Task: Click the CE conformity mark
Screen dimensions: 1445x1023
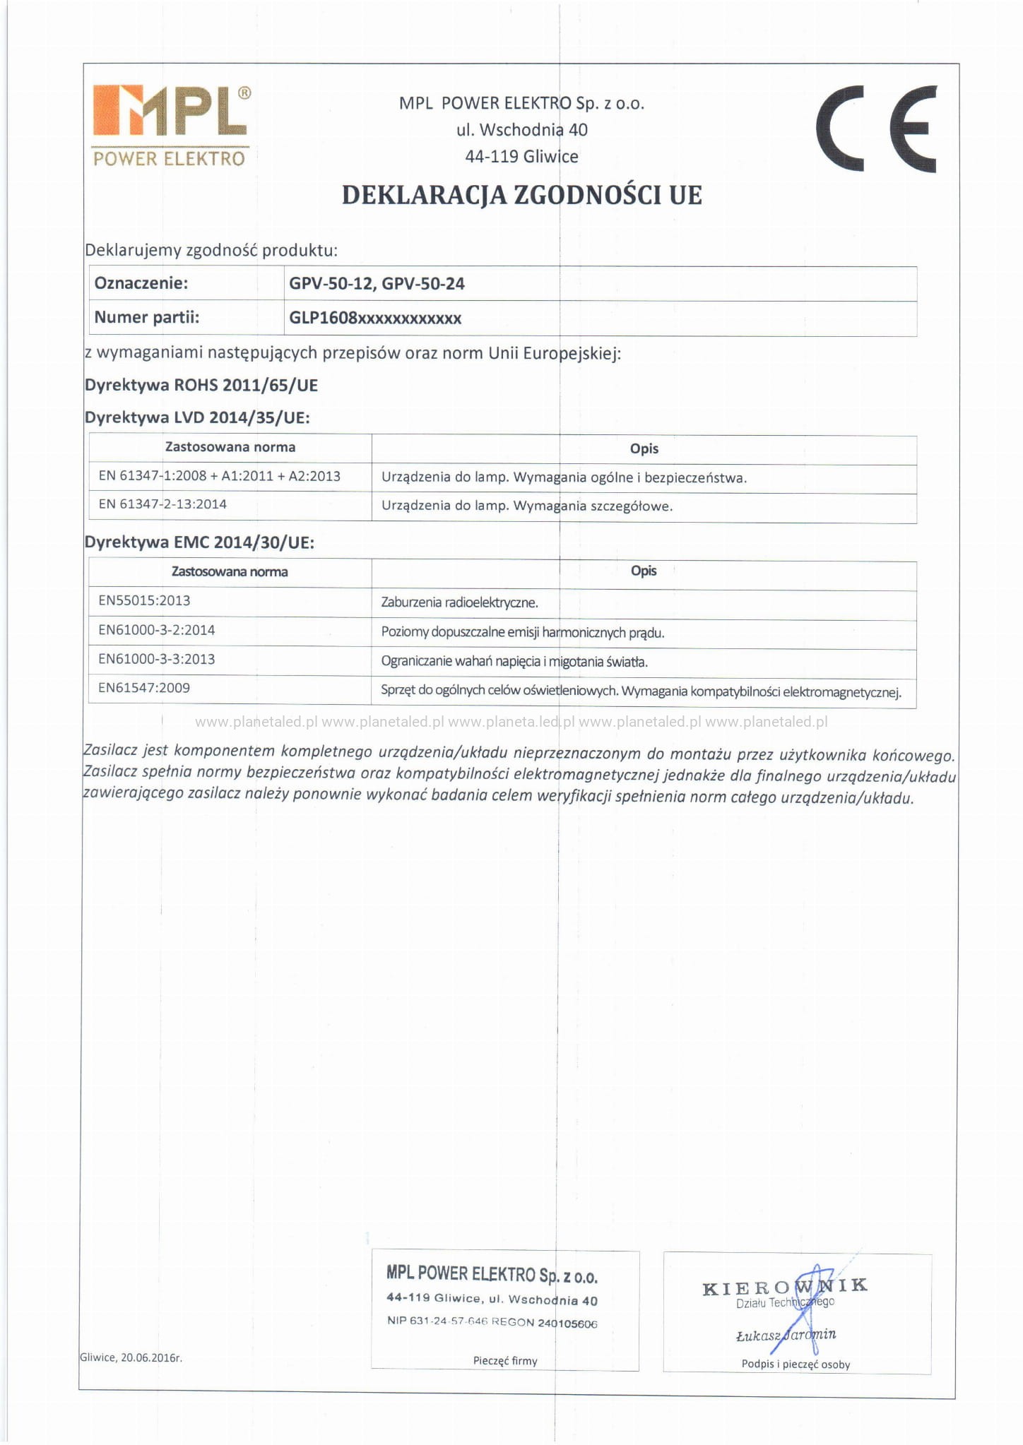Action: (876, 129)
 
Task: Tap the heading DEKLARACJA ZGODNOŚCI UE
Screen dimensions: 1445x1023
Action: (521, 195)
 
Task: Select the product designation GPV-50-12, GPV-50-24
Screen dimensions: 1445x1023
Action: (377, 284)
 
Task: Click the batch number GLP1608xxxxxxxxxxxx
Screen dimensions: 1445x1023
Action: (375, 318)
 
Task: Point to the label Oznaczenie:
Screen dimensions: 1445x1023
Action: (141, 283)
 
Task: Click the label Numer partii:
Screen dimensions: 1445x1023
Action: (147, 317)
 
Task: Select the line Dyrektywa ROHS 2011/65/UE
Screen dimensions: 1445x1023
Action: (201, 385)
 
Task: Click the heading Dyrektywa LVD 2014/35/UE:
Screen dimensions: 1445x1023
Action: (197, 417)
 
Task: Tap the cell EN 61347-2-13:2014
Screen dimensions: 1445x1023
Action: (162, 504)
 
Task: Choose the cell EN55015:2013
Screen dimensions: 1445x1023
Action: (144, 600)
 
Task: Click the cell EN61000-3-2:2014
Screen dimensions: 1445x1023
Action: (157, 630)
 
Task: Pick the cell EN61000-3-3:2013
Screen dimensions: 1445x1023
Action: (157, 659)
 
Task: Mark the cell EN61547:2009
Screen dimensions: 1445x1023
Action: (144, 688)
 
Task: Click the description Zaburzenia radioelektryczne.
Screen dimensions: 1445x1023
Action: (459, 602)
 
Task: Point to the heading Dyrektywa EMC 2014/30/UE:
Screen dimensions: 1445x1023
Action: (199, 542)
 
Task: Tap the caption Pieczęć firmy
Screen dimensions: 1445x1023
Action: (505, 1360)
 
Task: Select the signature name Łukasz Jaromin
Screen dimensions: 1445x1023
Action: (786, 1335)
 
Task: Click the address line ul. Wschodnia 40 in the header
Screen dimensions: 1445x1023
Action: (521, 130)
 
